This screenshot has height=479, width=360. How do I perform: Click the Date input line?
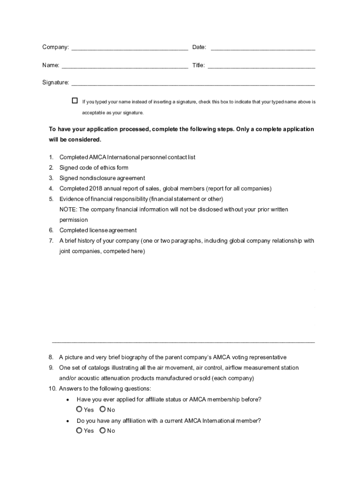[x=263, y=47]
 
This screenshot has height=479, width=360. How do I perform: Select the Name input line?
[x=124, y=65]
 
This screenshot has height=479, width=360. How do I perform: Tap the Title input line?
[x=261, y=65]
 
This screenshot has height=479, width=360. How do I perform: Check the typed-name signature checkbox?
[x=75, y=101]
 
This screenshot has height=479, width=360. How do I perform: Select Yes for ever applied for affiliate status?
[x=79, y=409]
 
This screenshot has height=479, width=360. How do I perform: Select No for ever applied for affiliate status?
[x=102, y=409]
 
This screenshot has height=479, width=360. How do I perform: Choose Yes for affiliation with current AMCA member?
[x=79, y=430]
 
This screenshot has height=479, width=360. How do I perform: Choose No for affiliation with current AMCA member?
[x=102, y=430]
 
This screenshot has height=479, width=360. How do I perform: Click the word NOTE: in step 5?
[x=68, y=210]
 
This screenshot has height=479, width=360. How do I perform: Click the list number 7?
[x=51, y=241]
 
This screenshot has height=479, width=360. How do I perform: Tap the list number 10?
[x=52, y=389]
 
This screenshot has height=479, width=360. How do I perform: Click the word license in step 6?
[x=99, y=230]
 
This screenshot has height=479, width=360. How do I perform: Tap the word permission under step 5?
[x=73, y=220]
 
